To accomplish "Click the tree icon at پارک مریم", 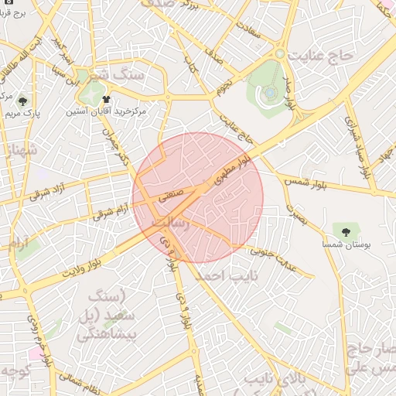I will point(23,101).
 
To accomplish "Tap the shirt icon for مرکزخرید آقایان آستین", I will point(106,99).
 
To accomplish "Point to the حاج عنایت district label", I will point(319,56).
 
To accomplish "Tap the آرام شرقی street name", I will point(110,212).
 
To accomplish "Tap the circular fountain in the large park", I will point(269,93).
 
